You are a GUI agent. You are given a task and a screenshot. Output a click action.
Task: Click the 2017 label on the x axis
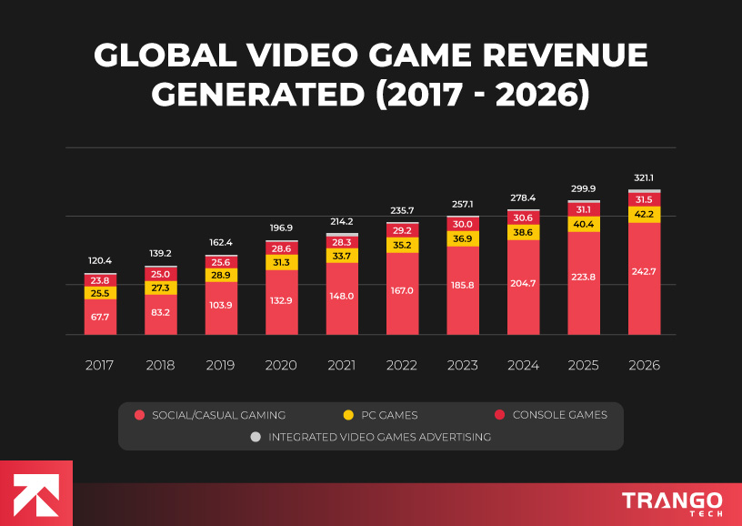coord(100,365)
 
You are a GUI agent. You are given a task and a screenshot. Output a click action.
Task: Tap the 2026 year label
coord(644,365)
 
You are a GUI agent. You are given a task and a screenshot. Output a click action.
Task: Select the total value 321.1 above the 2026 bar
coord(644,179)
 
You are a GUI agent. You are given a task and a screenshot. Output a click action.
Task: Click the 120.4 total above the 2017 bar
coord(100,260)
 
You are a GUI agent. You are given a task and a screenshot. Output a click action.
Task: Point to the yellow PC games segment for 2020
coord(281,262)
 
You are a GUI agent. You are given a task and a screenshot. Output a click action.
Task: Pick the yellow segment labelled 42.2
coord(644,215)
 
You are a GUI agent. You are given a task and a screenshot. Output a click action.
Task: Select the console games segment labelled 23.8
coord(100,280)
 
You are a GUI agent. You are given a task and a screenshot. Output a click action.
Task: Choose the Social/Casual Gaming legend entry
coord(210,415)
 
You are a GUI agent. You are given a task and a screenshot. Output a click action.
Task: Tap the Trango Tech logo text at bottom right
coord(672,502)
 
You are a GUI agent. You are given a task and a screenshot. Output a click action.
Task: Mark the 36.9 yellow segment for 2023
coord(463,238)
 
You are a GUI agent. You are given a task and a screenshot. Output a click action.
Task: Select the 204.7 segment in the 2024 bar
coord(523,284)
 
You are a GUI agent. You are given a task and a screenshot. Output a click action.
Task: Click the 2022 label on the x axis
coord(402,365)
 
